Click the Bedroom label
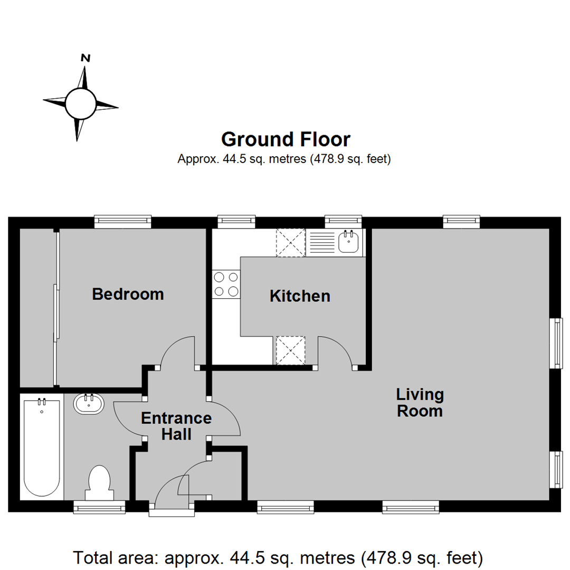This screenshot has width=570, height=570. (128, 294)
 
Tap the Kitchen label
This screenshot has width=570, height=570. (300, 296)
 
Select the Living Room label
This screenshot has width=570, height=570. (420, 402)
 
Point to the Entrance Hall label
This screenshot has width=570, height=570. (176, 426)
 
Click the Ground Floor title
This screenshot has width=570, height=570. (285, 139)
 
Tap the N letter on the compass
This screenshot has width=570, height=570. (85, 58)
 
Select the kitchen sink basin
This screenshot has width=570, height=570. (349, 243)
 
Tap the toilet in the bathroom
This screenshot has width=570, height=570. (99, 481)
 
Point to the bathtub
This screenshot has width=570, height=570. (41, 448)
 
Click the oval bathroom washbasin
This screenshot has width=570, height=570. (89, 405)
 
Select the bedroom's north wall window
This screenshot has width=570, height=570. (123, 222)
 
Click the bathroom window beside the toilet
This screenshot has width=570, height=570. (99, 507)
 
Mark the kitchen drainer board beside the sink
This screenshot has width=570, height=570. (322, 243)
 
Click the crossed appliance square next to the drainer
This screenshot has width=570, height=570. (291, 243)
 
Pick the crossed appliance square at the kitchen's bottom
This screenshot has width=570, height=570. (290, 350)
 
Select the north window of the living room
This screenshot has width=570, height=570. (461, 222)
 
